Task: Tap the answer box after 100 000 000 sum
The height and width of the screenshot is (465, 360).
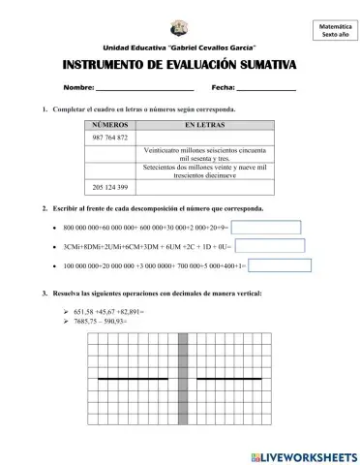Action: [280, 265]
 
